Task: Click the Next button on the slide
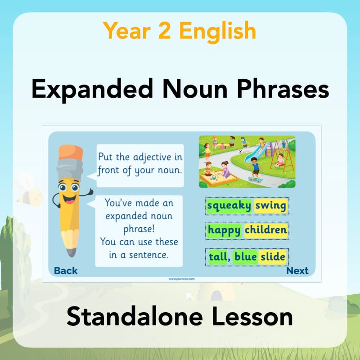coord(297,270)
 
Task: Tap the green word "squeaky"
coord(229,206)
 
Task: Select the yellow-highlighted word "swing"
coord(270,206)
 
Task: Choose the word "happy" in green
coord(225,231)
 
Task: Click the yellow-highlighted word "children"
coord(265,231)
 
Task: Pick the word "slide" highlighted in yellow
coord(273,256)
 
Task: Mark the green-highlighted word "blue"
coord(245,256)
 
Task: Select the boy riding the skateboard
coord(256,169)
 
